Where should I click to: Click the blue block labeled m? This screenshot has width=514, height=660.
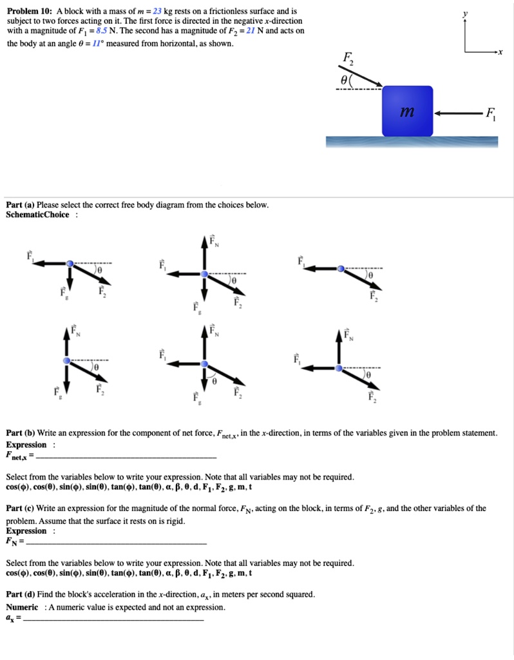click(407, 110)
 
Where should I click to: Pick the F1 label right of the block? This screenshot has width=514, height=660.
click(491, 115)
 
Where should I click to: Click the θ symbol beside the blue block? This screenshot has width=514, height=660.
click(345, 81)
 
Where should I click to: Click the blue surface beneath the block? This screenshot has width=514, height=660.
click(412, 142)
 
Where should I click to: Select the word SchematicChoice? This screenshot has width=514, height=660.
click(37, 215)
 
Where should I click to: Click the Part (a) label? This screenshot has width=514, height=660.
click(21, 205)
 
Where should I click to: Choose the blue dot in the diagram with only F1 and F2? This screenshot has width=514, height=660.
click(341, 268)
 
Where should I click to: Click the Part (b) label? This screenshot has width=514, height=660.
click(21, 432)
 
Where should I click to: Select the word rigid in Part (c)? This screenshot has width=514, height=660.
click(173, 521)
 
